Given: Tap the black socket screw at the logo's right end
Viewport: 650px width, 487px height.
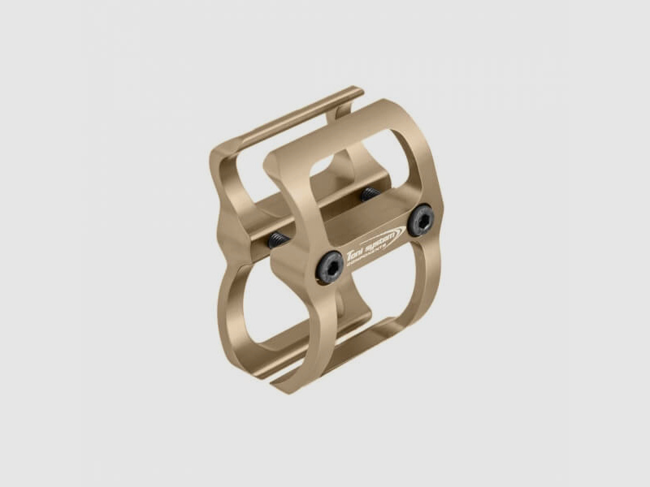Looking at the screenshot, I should coord(422,221).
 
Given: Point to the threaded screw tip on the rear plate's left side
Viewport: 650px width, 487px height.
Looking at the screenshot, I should coord(278,239).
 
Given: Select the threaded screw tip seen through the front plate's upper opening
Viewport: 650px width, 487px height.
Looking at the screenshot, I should coord(370,194).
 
